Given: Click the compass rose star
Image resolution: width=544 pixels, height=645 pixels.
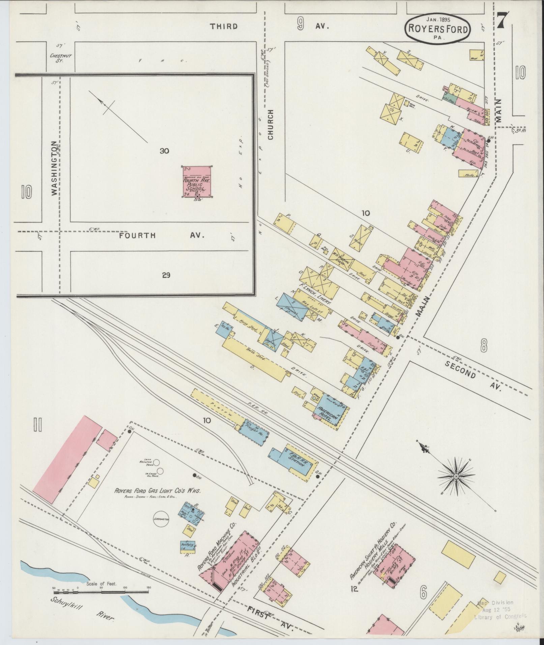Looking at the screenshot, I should [456, 476].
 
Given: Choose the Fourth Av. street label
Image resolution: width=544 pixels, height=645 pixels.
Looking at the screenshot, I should [161, 235].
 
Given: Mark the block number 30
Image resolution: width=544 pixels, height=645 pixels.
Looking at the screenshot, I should [164, 151].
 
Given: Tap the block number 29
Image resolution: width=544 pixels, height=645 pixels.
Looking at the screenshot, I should [166, 275].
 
